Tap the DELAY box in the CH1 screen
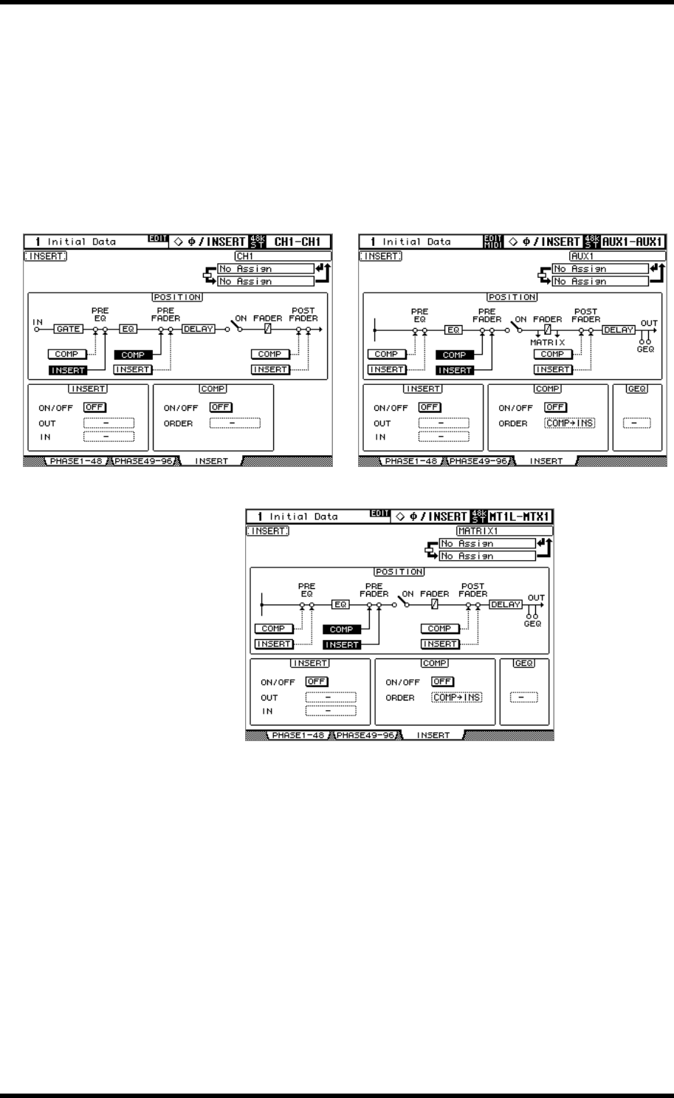point(198,330)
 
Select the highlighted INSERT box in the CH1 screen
point(67,369)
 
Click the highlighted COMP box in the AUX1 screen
point(455,355)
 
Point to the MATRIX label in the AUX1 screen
point(547,342)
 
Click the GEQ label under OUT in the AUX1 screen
point(647,349)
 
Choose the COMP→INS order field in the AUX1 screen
point(570,423)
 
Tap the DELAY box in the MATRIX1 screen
point(506,604)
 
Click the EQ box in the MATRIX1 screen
point(340,604)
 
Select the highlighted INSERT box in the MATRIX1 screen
point(342,644)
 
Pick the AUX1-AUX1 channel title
point(629,242)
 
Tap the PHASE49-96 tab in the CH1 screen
point(139,461)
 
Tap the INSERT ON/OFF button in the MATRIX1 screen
point(317,681)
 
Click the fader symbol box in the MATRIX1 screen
point(435,604)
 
